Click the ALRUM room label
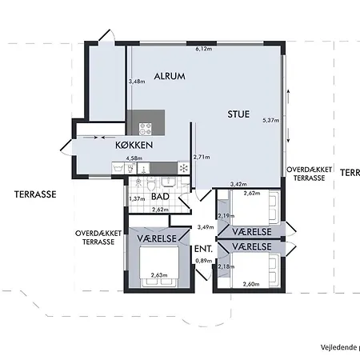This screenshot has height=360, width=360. pyautogui.click(x=170, y=76)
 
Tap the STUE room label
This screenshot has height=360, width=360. pyautogui.click(x=238, y=114)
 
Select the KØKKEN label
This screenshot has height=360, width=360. pyautogui.click(x=134, y=145)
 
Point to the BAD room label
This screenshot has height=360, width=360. pyautogui.click(x=160, y=197)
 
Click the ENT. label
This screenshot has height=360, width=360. pyautogui.click(x=203, y=249)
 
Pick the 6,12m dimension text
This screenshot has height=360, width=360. pyautogui.click(x=204, y=49)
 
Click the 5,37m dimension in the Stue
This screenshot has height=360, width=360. pyautogui.click(x=271, y=120)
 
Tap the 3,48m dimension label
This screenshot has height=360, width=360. pyautogui.click(x=137, y=82)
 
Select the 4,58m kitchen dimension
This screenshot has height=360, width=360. pyautogui.click(x=134, y=158)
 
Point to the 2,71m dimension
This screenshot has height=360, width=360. pyautogui.click(x=202, y=157)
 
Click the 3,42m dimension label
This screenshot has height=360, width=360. pyautogui.click(x=238, y=184)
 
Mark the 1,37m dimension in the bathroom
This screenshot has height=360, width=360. pyautogui.click(x=137, y=199)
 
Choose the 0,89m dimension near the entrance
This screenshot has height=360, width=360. pyautogui.click(x=204, y=261)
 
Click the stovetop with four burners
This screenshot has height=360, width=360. pyautogui.click(x=146, y=129)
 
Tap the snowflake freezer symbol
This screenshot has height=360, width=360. pyautogui.click(x=184, y=168)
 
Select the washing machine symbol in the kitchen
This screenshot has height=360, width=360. pyautogui.click(x=118, y=168)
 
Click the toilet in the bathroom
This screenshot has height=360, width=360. pyautogui.click(x=151, y=183)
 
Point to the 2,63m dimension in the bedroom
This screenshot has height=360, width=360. pyautogui.click(x=159, y=275)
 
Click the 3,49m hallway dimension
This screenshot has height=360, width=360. pyautogui.click(x=206, y=227)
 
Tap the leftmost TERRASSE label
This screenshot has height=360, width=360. pyautogui.click(x=35, y=194)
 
